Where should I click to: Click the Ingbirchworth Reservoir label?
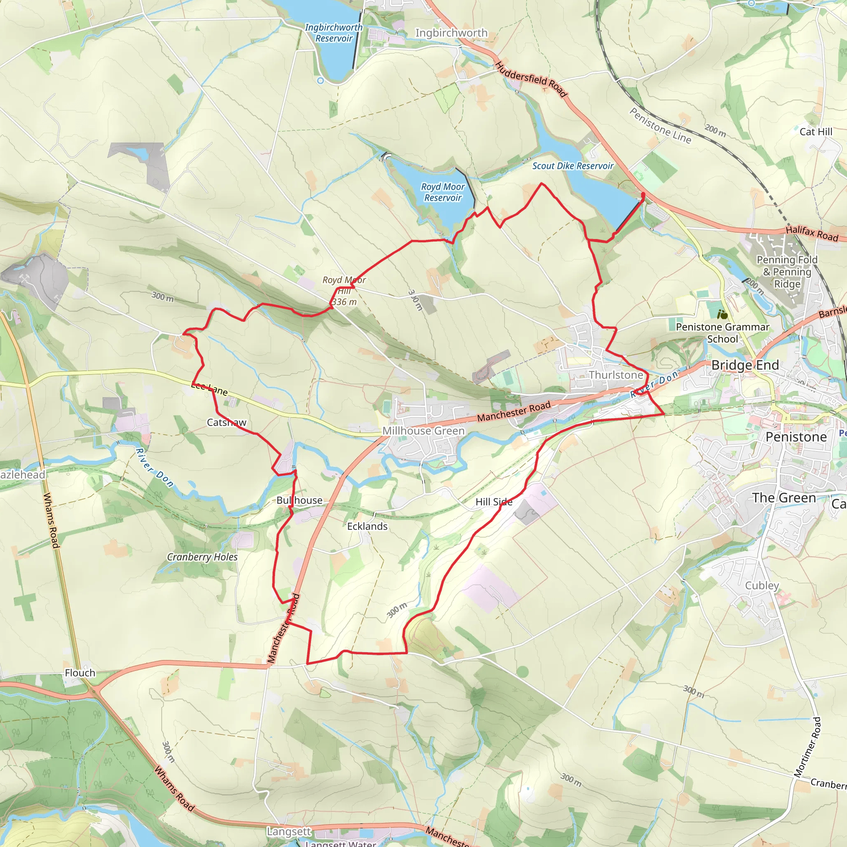[x=334, y=33]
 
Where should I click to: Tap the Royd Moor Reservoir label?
[x=443, y=192]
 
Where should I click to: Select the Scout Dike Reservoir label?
[x=572, y=166]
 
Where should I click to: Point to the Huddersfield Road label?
[x=531, y=79]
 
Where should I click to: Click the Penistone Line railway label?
[x=660, y=125]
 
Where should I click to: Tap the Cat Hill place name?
[x=816, y=132]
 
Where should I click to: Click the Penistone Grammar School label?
[x=723, y=333]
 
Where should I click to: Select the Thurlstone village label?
[x=615, y=375]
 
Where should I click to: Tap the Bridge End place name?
[x=745, y=365]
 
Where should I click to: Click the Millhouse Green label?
[x=423, y=431]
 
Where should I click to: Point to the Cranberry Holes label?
[x=202, y=557]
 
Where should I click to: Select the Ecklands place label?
[x=367, y=526]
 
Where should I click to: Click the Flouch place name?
[x=80, y=673]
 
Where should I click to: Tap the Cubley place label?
[x=762, y=585]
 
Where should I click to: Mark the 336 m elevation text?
[x=344, y=301]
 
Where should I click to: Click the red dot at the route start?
[x=643, y=194]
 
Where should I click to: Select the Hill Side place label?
[x=494, y=502]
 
